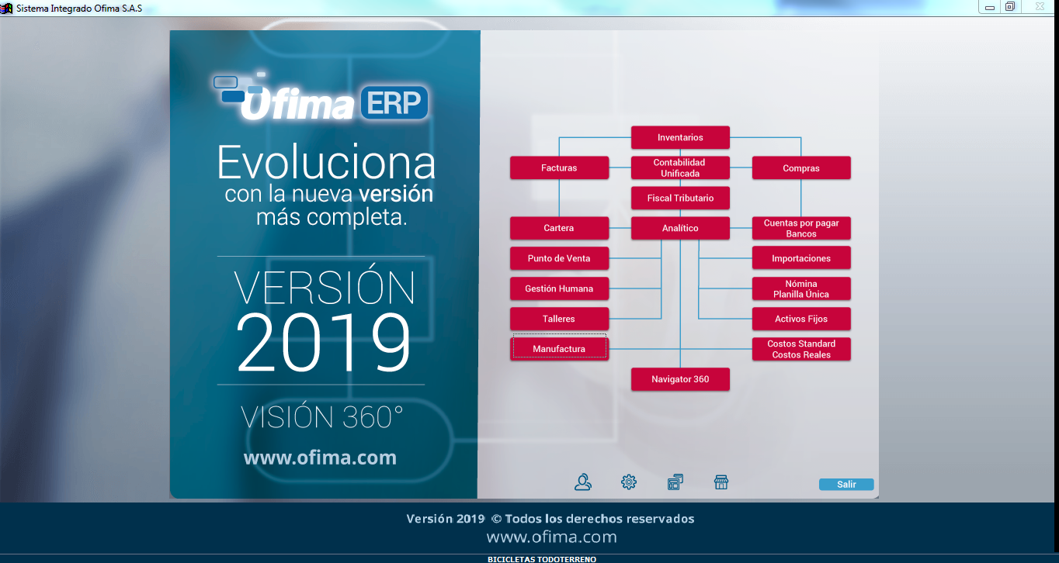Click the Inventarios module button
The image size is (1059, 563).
(680, 137)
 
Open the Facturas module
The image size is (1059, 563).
(559, 168)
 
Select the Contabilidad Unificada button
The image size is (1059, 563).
(680, 168)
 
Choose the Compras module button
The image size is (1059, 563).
(801, 168)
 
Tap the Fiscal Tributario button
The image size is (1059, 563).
(680, 198)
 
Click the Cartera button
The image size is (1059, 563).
(559, 228)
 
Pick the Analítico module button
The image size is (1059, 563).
(680, 228)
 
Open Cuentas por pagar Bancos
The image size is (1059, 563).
(801, 228)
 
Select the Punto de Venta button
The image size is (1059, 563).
(559, 258)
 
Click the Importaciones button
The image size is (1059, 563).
(801, 258)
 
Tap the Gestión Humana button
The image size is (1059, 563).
(559, 288)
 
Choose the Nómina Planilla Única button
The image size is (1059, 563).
(801, 288)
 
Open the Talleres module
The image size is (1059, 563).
(559, 319)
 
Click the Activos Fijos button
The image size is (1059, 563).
(801, 319)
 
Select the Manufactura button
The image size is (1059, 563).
(559, 349)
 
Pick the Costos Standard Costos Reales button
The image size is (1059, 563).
(801, 349)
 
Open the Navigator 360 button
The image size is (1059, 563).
(680, 379)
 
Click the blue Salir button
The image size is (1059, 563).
(846, 485)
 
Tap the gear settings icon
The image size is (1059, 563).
(629, 482)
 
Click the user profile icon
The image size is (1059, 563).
(582, 482)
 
